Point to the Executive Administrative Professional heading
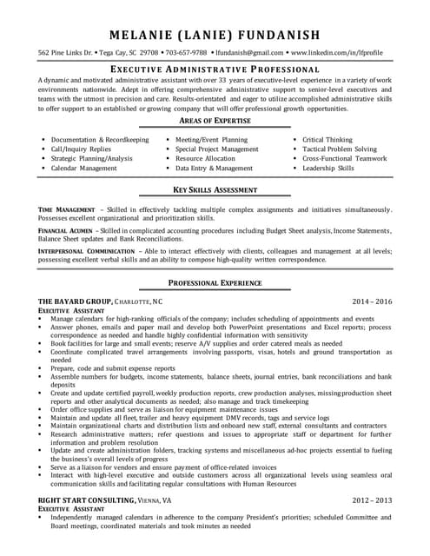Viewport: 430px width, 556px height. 215,69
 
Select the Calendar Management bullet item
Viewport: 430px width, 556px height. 89,168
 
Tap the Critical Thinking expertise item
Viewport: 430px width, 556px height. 327,139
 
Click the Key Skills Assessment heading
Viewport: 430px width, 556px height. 215,189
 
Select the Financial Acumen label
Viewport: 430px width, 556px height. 68,231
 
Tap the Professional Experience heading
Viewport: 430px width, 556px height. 215,283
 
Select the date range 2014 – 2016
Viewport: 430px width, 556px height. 372,301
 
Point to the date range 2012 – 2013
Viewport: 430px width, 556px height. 372,500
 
